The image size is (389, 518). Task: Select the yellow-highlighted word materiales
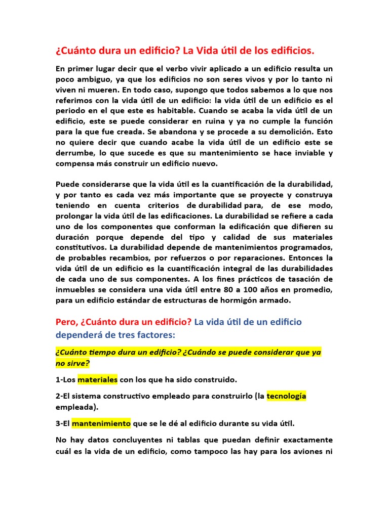click(x=98, y=379)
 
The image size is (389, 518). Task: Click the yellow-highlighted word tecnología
click(x=286, y=396)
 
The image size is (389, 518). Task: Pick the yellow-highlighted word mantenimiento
click(x=101, y=423)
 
